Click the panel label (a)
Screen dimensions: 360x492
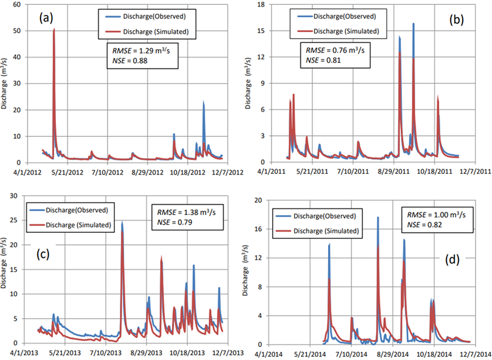click(47, 18)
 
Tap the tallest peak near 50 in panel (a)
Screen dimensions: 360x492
click(54, 30)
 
